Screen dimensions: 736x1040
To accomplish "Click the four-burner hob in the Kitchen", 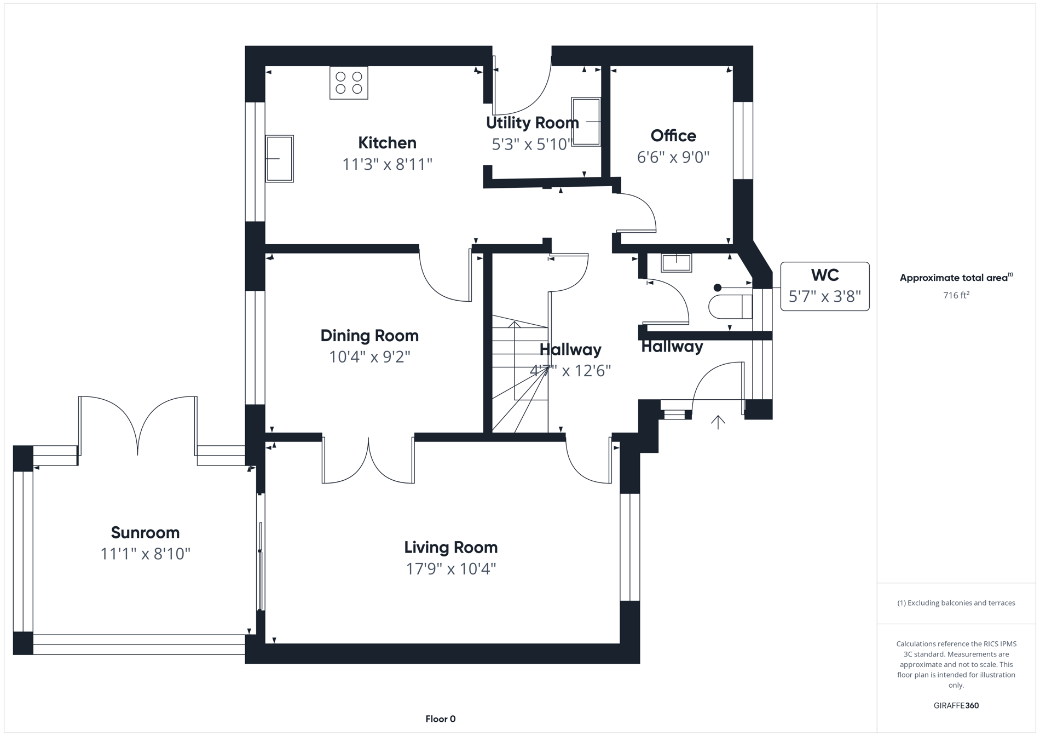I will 349,83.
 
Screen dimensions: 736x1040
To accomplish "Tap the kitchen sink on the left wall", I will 279,159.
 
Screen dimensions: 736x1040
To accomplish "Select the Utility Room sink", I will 586,121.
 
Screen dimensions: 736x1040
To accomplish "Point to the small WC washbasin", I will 676,263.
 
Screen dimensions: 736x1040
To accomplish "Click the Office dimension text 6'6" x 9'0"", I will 673,158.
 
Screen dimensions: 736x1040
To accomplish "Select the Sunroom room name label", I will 145,532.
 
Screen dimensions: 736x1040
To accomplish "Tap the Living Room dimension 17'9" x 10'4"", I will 450,569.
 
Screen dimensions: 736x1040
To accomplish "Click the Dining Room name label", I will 369,336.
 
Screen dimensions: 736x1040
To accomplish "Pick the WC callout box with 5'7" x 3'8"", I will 824,286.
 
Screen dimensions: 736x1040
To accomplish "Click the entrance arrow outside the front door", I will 718,422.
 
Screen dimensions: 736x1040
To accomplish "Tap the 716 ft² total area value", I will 956,295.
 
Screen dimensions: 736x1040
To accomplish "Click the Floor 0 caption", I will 440,719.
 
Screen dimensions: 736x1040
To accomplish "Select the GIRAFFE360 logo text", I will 956,705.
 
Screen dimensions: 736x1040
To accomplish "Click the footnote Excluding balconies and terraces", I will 956,603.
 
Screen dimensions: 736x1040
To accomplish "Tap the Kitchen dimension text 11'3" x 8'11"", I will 387,164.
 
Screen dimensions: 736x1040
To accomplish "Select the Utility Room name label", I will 532,123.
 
